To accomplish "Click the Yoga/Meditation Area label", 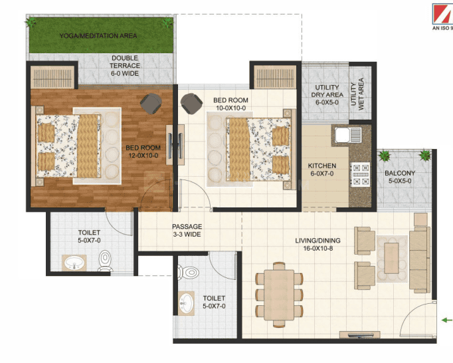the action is tap(98, 36).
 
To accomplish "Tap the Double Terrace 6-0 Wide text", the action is tap(125, 66).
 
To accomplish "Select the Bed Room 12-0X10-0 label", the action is tap(143, 152).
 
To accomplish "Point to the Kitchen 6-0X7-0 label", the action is tap(322, 170).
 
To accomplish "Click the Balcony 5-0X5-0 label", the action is tap(400, 177).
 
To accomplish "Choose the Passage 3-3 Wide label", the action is tap(187, 230).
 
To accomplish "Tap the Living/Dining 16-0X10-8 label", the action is tap(317, 244).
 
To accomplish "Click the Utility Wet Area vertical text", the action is tap(357, 94).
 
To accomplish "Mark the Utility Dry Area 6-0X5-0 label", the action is tap(327, 94).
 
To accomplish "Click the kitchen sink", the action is tap(348, 135).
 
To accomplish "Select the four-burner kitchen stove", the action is tap(361, 174).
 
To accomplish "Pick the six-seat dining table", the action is tap(279, 295).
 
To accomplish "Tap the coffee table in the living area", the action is tap(391, 258).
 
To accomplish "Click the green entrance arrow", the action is tap(447, 320).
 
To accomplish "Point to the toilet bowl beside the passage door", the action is tap(188, 273).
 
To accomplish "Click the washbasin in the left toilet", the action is tap(74, 263).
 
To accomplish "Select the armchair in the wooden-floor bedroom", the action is tap(151, 104).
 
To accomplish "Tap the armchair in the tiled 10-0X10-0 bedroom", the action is tap(191, 104).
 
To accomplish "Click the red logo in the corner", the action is tap(442, 14).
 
